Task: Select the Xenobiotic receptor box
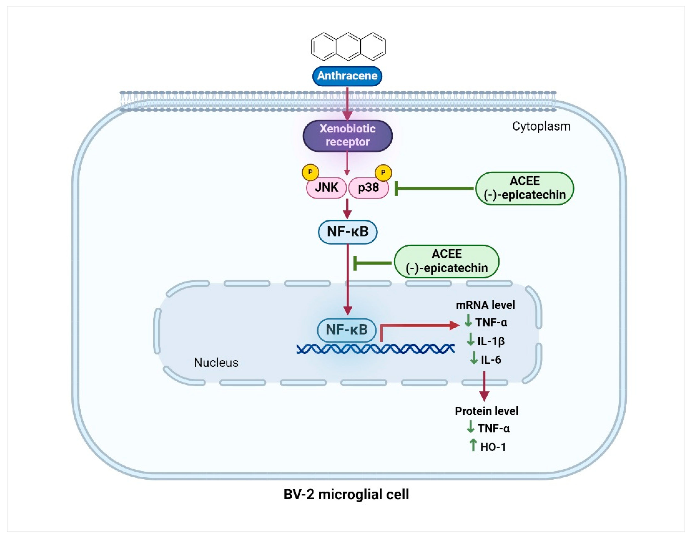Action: (347, 135)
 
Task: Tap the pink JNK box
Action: (326, 188)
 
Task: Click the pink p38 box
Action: (369, 188)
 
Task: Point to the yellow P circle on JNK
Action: (310, 172)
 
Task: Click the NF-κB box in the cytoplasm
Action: (347, 232)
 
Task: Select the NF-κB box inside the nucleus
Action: (347, 330)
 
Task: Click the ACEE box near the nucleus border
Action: (446, 261)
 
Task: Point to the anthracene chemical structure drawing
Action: (348, 46)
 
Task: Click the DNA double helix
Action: (375, 349)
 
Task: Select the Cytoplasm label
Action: (541, 127)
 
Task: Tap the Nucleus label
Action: (216, 363)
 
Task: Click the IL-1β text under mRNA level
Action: (491, 341)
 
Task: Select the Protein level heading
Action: (486, 411)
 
